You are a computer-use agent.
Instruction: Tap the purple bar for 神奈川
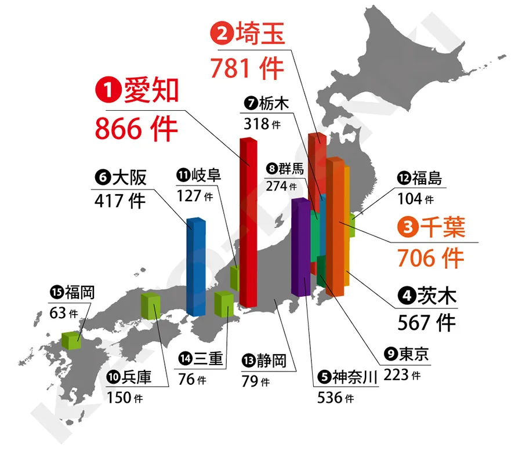300,246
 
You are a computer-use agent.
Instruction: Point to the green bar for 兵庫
151,307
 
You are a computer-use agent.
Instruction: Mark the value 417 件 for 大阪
119,201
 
